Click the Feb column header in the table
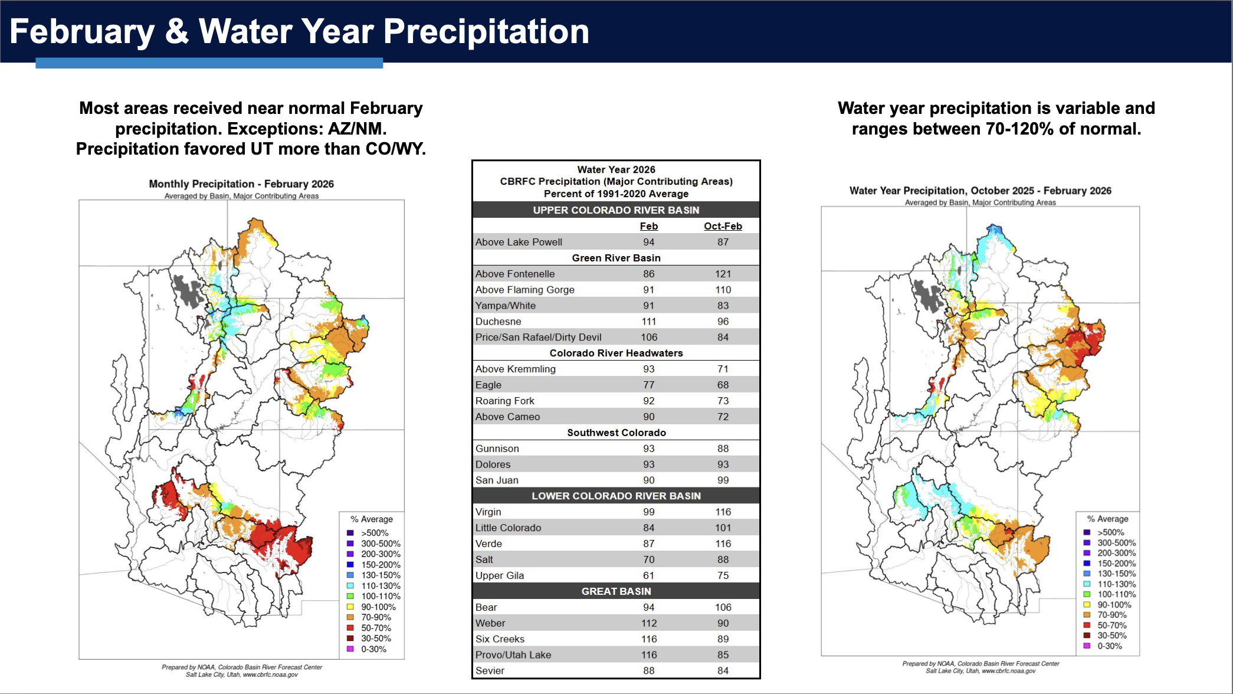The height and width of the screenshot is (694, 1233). (648, 226)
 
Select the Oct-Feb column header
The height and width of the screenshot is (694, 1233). (723, 226)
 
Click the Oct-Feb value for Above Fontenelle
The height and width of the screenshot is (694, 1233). (723, 274)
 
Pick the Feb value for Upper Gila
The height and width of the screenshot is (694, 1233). (648, 575)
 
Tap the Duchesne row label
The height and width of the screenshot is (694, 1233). (498, 322)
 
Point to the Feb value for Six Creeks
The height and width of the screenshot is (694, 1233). (648, 639)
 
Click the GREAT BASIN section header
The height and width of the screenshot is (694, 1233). (616, 591)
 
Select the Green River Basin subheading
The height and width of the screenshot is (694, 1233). (616, 258)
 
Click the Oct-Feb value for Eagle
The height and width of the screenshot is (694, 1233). (723, 385)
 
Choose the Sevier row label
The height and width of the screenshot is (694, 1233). (490, 671)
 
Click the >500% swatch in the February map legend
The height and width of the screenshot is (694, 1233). (350, 533)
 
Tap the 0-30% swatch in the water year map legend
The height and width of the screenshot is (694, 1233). (1087, 646)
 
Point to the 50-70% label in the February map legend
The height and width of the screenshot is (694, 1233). (376, 628)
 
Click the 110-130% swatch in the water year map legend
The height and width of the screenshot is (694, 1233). (1087, 584)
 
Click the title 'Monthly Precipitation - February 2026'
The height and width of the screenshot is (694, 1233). (241, 184)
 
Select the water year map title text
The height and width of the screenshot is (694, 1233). (980, 191)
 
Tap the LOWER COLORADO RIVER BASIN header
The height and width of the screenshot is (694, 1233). (616, 496)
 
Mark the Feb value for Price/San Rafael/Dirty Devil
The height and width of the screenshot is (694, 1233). (648, 338)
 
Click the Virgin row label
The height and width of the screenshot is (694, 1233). (488, 512)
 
